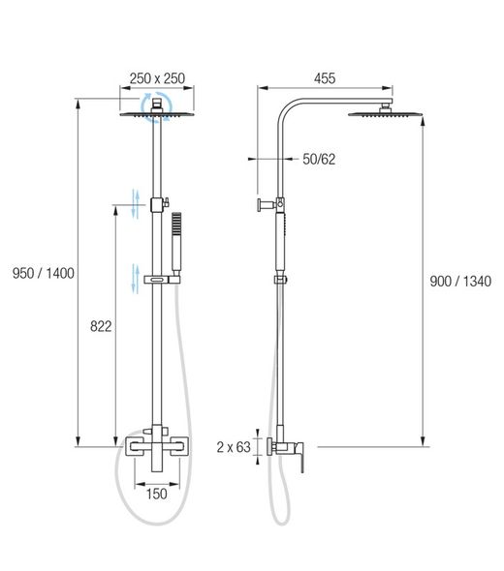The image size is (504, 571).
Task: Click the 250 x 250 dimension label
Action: [156, 79]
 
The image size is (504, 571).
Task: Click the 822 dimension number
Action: [100, 328]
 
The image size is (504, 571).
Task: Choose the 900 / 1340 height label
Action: [459, 282]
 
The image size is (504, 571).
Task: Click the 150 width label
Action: [156, 494]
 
